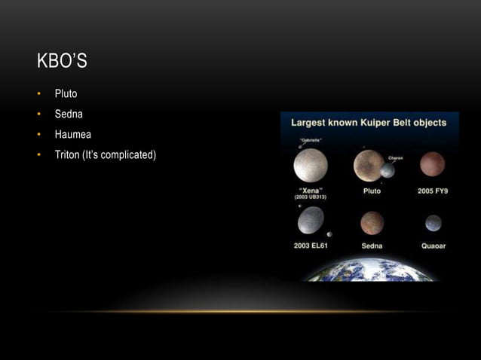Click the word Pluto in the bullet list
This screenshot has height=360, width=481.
tap(66, 94)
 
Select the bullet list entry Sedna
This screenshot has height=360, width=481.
tap(68, 114)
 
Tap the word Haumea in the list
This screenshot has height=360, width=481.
tap(72, 135)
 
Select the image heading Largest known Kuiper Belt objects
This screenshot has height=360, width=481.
tap(369, 122)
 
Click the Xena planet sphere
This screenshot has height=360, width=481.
tap(311, 165)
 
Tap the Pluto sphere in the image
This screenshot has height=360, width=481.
tap(369, 165)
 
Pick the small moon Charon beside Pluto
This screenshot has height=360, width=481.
tap(388, 171)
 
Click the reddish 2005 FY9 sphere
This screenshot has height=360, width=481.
tap(432, 163)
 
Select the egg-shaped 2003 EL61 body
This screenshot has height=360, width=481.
tap(311, 220)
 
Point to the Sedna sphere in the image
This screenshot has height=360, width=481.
tap(372, 223)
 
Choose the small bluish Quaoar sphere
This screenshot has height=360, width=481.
tap(433, 223)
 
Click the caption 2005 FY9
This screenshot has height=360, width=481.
tap(433, 191)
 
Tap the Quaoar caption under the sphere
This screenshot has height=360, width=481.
tap(433, 246)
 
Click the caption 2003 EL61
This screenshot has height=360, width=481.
tap(311, 246)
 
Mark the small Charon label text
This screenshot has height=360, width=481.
tap(395, 158)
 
